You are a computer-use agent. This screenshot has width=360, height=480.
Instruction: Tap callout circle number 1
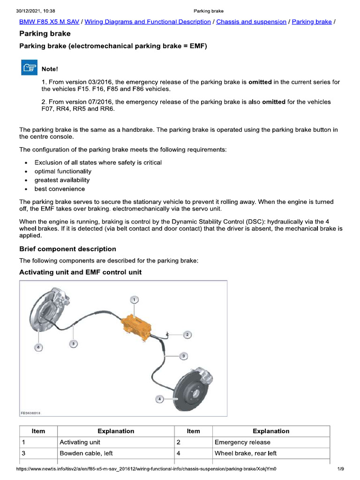[x=134, y=299]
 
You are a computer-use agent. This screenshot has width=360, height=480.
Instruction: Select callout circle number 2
[x=187, y=335]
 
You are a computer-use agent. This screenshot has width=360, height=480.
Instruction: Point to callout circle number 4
[x=160, y=399]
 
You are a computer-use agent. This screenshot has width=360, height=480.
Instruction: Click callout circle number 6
[x=38, y=347]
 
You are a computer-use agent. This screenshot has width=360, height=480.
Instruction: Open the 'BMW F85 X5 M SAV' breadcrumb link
[x=49, y=22]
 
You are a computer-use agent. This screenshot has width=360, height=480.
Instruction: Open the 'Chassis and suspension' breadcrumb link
[x=251, y=22]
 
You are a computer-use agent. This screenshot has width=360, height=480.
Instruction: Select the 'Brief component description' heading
[x=67, y=249]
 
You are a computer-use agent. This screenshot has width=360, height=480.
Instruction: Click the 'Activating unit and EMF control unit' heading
[x=80, y=272]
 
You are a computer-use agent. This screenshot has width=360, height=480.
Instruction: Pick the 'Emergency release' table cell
[x=242, y=442]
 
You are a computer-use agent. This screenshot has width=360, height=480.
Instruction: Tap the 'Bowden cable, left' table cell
[x=86, y=453]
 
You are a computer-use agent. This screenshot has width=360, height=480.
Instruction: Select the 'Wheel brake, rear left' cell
[x=246, y=453]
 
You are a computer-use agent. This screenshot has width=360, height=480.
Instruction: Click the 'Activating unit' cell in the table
[x=80, y=442]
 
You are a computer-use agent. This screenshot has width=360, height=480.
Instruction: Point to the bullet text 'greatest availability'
[x=62, y=180]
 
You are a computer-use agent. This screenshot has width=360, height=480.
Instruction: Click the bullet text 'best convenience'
[x=60, y=189]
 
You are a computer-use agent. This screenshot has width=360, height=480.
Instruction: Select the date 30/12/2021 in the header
[x=29, y=11]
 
